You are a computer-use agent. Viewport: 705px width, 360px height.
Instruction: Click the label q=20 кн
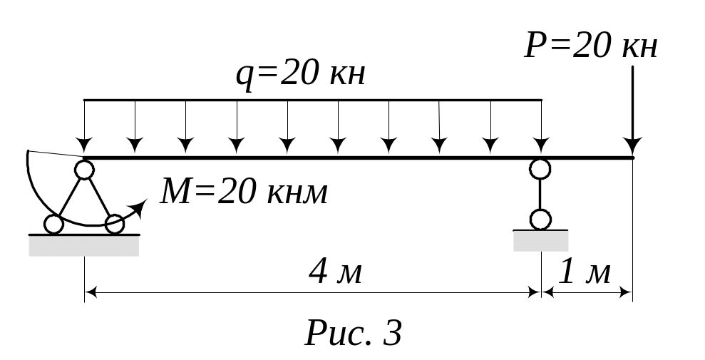pos(300,73)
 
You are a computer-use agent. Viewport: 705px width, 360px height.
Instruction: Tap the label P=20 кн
pos(591,46)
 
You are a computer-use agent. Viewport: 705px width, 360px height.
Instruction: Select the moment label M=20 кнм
pos(244,192)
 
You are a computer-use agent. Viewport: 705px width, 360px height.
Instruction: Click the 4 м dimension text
pos(336,272)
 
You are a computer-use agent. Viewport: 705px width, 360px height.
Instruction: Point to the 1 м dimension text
pos(584,272)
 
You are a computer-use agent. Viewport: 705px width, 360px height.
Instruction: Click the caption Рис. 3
pos(354,333)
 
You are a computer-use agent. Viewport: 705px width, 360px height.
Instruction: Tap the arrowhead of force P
pos(632,146)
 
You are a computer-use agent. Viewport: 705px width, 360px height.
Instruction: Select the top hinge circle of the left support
pos(84,170)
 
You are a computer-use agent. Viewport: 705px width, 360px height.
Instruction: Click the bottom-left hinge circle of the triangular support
pos(53,225)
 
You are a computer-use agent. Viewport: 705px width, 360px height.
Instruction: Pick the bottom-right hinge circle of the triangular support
pos(115,225)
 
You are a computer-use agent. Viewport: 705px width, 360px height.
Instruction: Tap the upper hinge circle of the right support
pos(540,170)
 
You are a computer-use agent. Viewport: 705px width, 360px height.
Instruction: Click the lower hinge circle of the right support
pos(540,220)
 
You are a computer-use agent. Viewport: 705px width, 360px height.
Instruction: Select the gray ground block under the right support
pos(541,242)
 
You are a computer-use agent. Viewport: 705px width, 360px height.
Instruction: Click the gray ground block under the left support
pos(84,246)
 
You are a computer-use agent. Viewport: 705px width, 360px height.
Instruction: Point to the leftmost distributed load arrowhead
pos(84,145)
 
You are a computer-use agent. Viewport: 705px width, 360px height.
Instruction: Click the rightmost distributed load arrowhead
pos(541,145)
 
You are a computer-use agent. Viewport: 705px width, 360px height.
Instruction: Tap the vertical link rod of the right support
pos(540,195)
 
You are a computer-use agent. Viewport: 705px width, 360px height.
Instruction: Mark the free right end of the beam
pos(633,158)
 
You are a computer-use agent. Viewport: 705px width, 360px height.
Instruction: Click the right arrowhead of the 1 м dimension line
pos(626,292)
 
